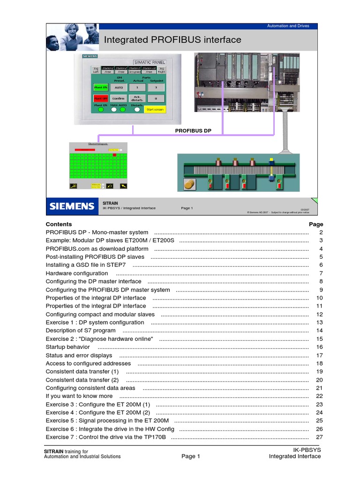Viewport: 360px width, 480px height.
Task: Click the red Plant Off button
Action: tap(101, 98)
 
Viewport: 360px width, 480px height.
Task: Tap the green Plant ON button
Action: tap(101, 87)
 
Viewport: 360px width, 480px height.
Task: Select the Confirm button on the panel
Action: tap(119, 98)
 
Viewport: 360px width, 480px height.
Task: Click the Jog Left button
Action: tap(96, 70)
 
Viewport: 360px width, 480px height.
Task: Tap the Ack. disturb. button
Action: tap(137, 98)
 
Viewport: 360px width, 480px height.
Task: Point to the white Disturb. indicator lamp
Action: tap(137, 110)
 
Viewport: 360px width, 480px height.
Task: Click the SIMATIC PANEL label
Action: tap(149, 62)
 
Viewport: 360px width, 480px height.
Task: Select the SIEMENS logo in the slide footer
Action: tap(72, 206)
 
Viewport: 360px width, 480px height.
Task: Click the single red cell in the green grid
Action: tap(114, 155)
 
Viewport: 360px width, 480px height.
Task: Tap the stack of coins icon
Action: tap(189, 184)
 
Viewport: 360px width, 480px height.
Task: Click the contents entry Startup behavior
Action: tap(67, 347)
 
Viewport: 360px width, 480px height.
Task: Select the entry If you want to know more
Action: tap(79, 396)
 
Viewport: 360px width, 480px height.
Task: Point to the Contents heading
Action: tap(59, 224)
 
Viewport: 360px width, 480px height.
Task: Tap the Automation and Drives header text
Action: tap(288, 26)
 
